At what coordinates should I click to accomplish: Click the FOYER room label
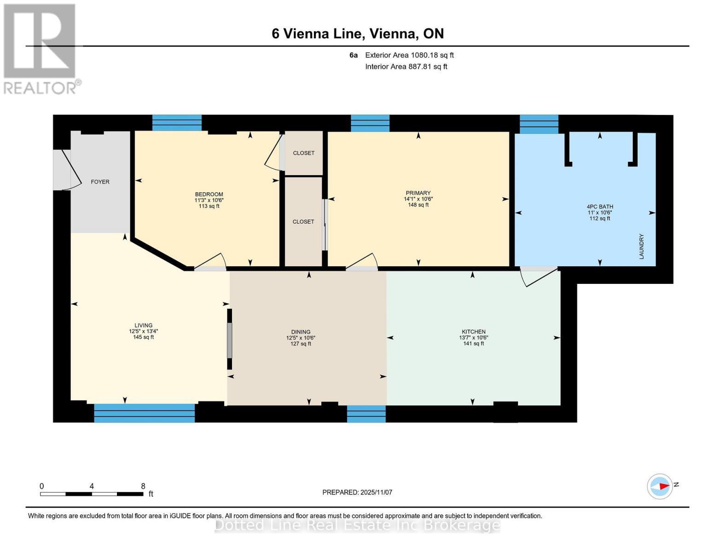100,182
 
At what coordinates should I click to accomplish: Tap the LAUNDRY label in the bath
641,246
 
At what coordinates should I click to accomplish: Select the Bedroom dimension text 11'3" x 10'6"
209,200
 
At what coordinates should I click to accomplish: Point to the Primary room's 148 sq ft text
418,205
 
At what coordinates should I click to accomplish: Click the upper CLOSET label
304,153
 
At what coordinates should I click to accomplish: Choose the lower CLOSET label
303,222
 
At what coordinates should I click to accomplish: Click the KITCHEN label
474,332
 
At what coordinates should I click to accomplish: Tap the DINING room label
301,332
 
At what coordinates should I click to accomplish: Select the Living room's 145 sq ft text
143,337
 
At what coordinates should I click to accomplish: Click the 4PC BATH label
599,207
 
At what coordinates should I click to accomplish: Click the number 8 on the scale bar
143,486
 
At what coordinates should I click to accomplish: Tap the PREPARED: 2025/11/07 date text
357,492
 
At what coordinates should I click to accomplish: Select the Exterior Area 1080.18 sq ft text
409,55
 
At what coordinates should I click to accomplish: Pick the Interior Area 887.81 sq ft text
406,67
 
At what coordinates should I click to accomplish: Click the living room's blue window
144,413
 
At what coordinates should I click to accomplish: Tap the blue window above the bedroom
177,123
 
